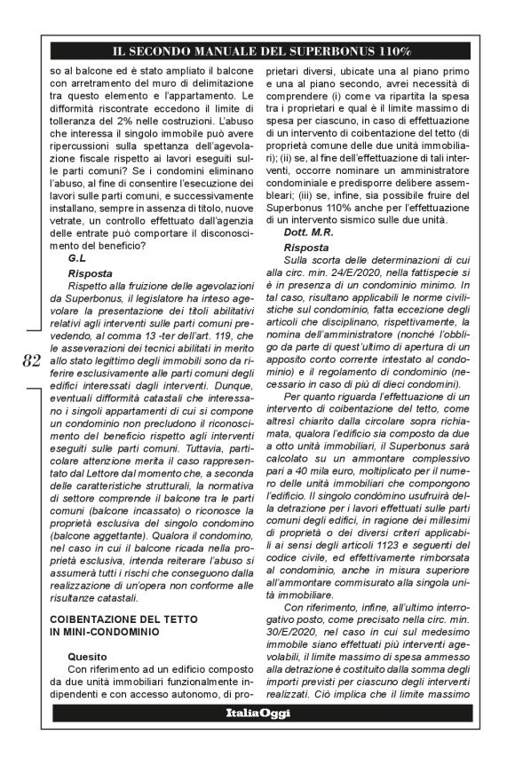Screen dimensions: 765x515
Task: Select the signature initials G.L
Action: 76,256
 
